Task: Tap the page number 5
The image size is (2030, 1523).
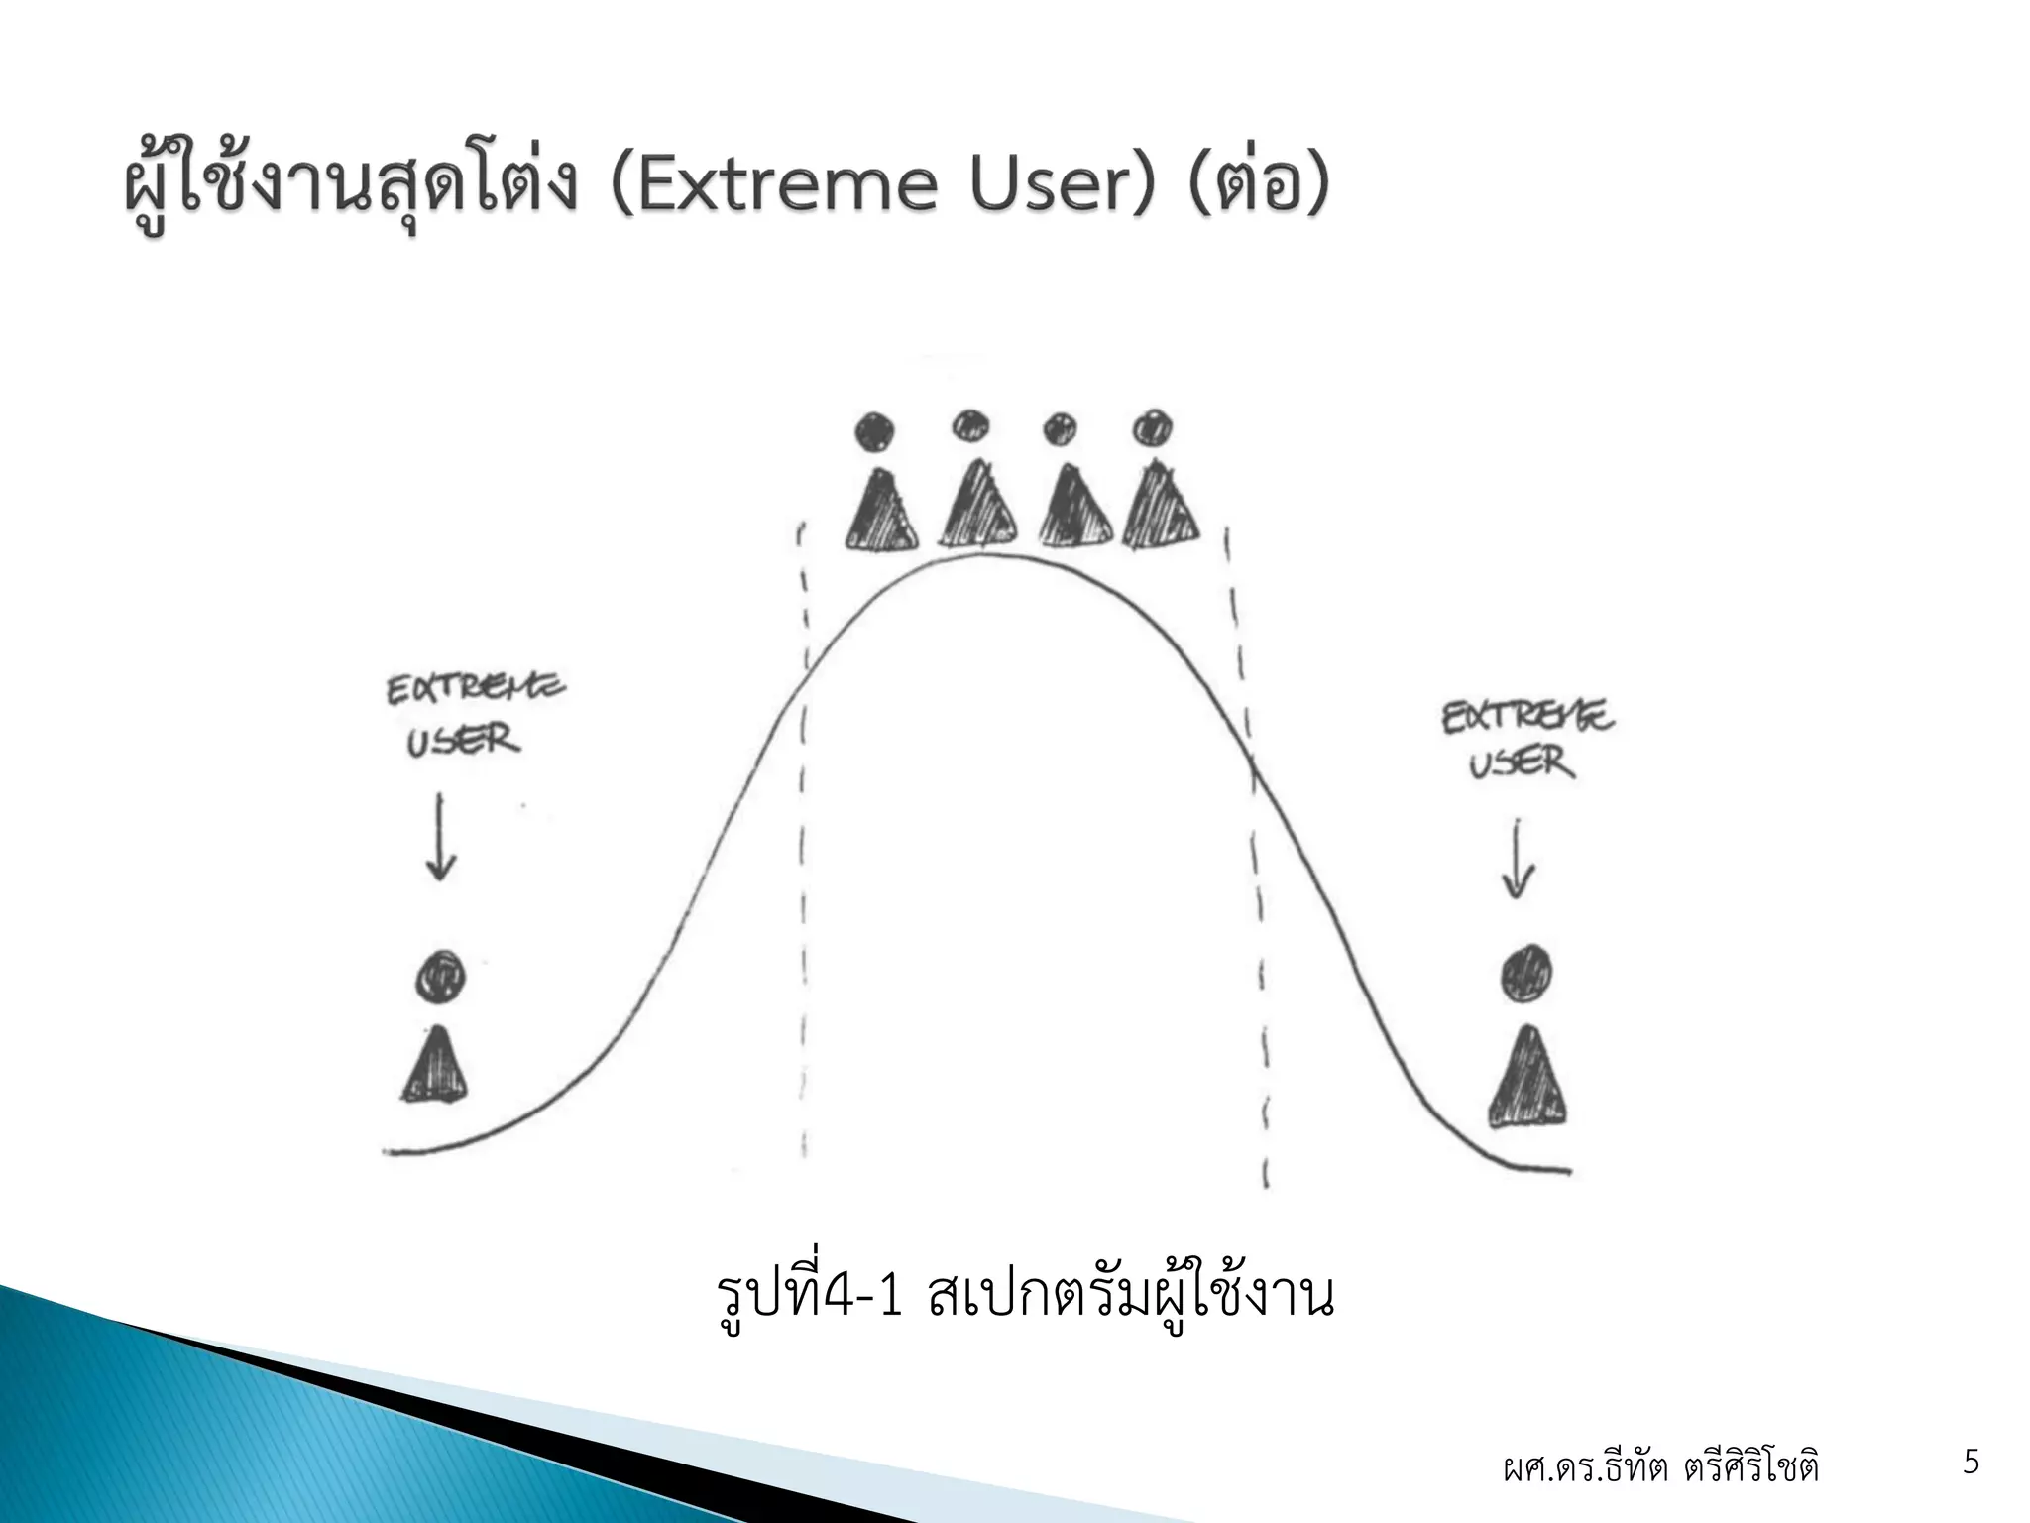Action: [1972, 1463]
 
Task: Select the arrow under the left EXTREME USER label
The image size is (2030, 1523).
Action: [440, 838]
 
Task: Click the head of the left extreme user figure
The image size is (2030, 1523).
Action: [440, 977]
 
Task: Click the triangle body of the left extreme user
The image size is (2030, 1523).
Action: [434, 1066]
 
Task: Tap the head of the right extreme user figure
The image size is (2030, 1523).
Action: [1526, 972]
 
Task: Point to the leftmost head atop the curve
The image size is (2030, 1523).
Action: [875, 431]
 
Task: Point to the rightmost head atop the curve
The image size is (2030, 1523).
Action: [1153, 428]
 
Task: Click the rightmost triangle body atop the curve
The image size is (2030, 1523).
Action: [1160, 508]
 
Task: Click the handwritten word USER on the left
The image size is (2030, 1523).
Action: [462, 741]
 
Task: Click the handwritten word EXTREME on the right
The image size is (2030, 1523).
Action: [1526, 716]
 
